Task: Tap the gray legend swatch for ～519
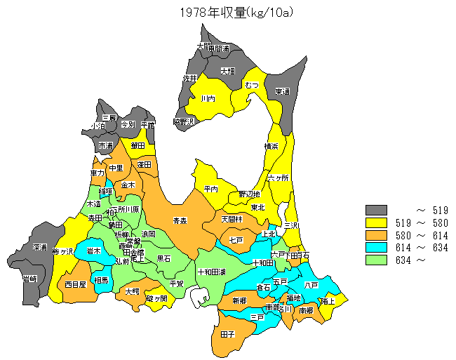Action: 376,210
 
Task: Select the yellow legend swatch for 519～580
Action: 376,222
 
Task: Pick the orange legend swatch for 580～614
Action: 376,235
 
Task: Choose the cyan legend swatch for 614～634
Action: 376,248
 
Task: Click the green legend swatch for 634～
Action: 376,260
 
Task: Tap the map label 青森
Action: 180,220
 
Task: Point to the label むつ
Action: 252,85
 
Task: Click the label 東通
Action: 283,91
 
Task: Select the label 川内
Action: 208,100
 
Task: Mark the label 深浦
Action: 39,248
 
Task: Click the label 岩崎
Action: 29,279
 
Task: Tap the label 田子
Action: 227,335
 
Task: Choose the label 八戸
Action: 311,286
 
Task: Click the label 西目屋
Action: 74,285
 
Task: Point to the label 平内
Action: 211,189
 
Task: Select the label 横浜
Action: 271,146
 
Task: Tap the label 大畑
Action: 227,71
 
